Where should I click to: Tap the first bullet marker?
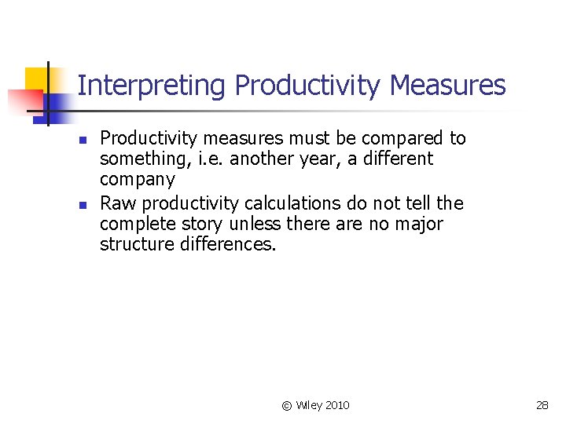[x=82, y=139]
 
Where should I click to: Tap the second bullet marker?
[x=82, y=204]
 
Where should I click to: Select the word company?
[x=137, y=181]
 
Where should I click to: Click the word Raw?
[x=117, y=204]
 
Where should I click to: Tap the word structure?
[x=135, y=245]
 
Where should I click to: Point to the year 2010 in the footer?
[x=336, y=405]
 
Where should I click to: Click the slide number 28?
[x=542, y=405]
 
